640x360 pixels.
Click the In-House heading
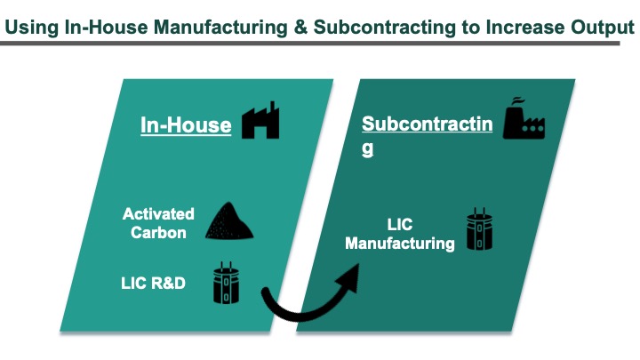[186, 125]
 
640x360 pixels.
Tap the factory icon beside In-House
[260, 120]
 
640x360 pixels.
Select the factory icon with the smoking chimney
[524, 118]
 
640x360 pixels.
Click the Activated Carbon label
[158, 223]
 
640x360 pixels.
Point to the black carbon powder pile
[229, 220]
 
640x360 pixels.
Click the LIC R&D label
[153, 284]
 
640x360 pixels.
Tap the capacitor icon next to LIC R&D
[226, 283]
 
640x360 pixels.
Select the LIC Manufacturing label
[400, 234]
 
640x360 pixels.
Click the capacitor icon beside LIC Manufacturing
[480, 229]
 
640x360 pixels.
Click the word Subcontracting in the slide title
[385, 28]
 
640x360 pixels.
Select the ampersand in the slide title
[300, 28]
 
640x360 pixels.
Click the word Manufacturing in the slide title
[220, 28]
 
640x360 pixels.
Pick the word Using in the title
[31, 28]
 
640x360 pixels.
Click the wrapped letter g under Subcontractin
[367, 148]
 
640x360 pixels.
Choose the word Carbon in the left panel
[158, 233]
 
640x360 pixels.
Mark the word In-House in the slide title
[106, 28]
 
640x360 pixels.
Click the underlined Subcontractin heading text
[428, 124]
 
